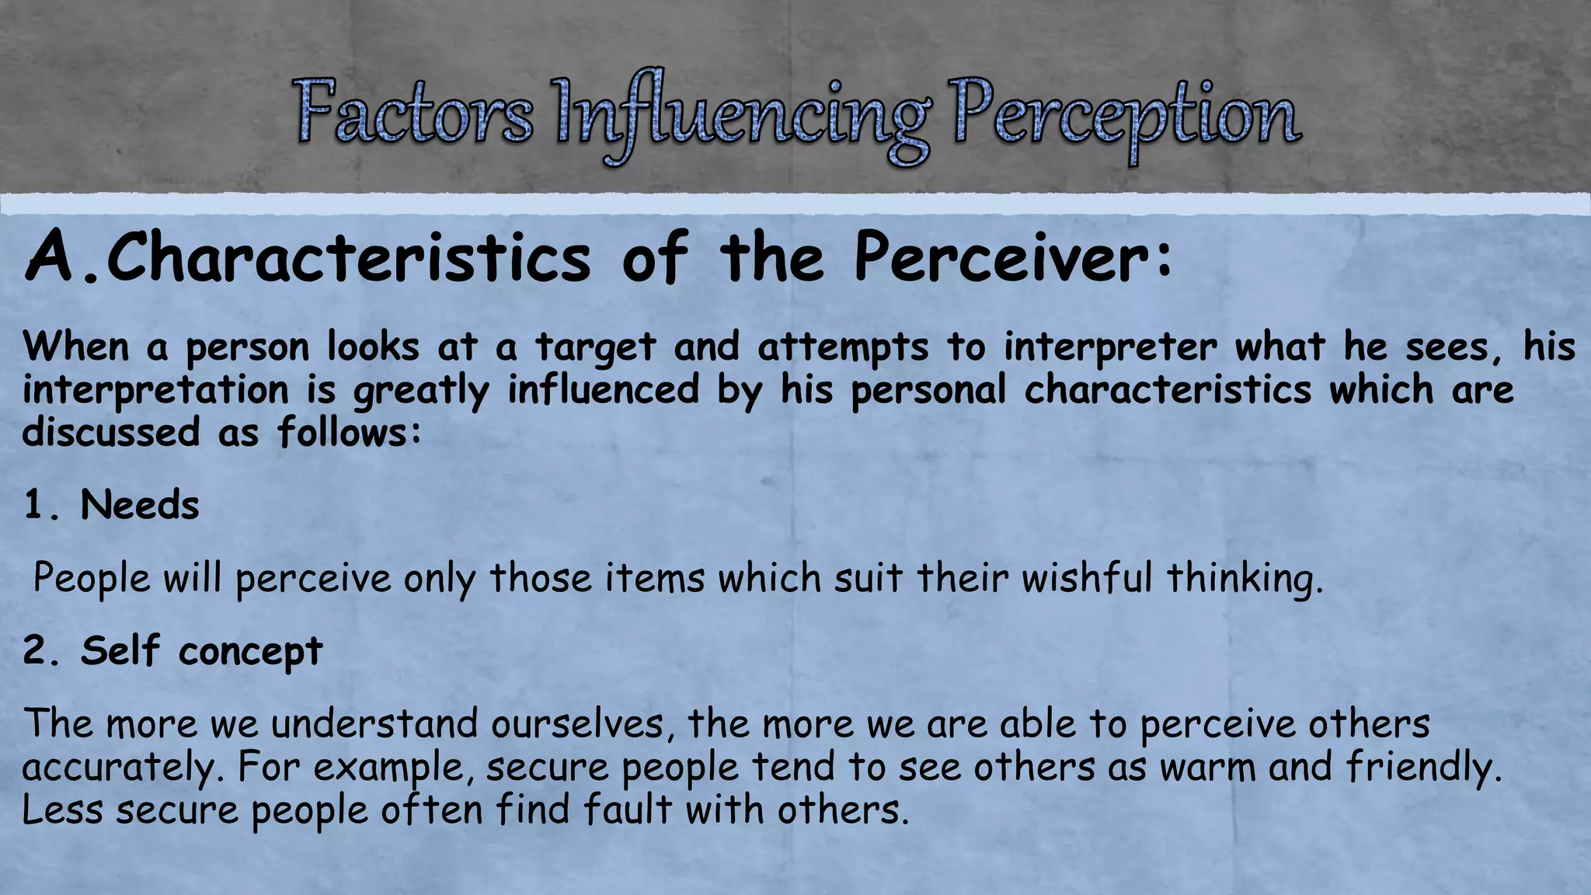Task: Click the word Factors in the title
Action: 413,114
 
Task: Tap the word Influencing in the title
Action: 741,117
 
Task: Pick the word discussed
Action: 111,432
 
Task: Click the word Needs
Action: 140,506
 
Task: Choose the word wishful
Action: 1086,578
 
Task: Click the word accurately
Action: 123,768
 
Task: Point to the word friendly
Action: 1423,768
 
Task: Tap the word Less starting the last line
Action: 62,810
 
